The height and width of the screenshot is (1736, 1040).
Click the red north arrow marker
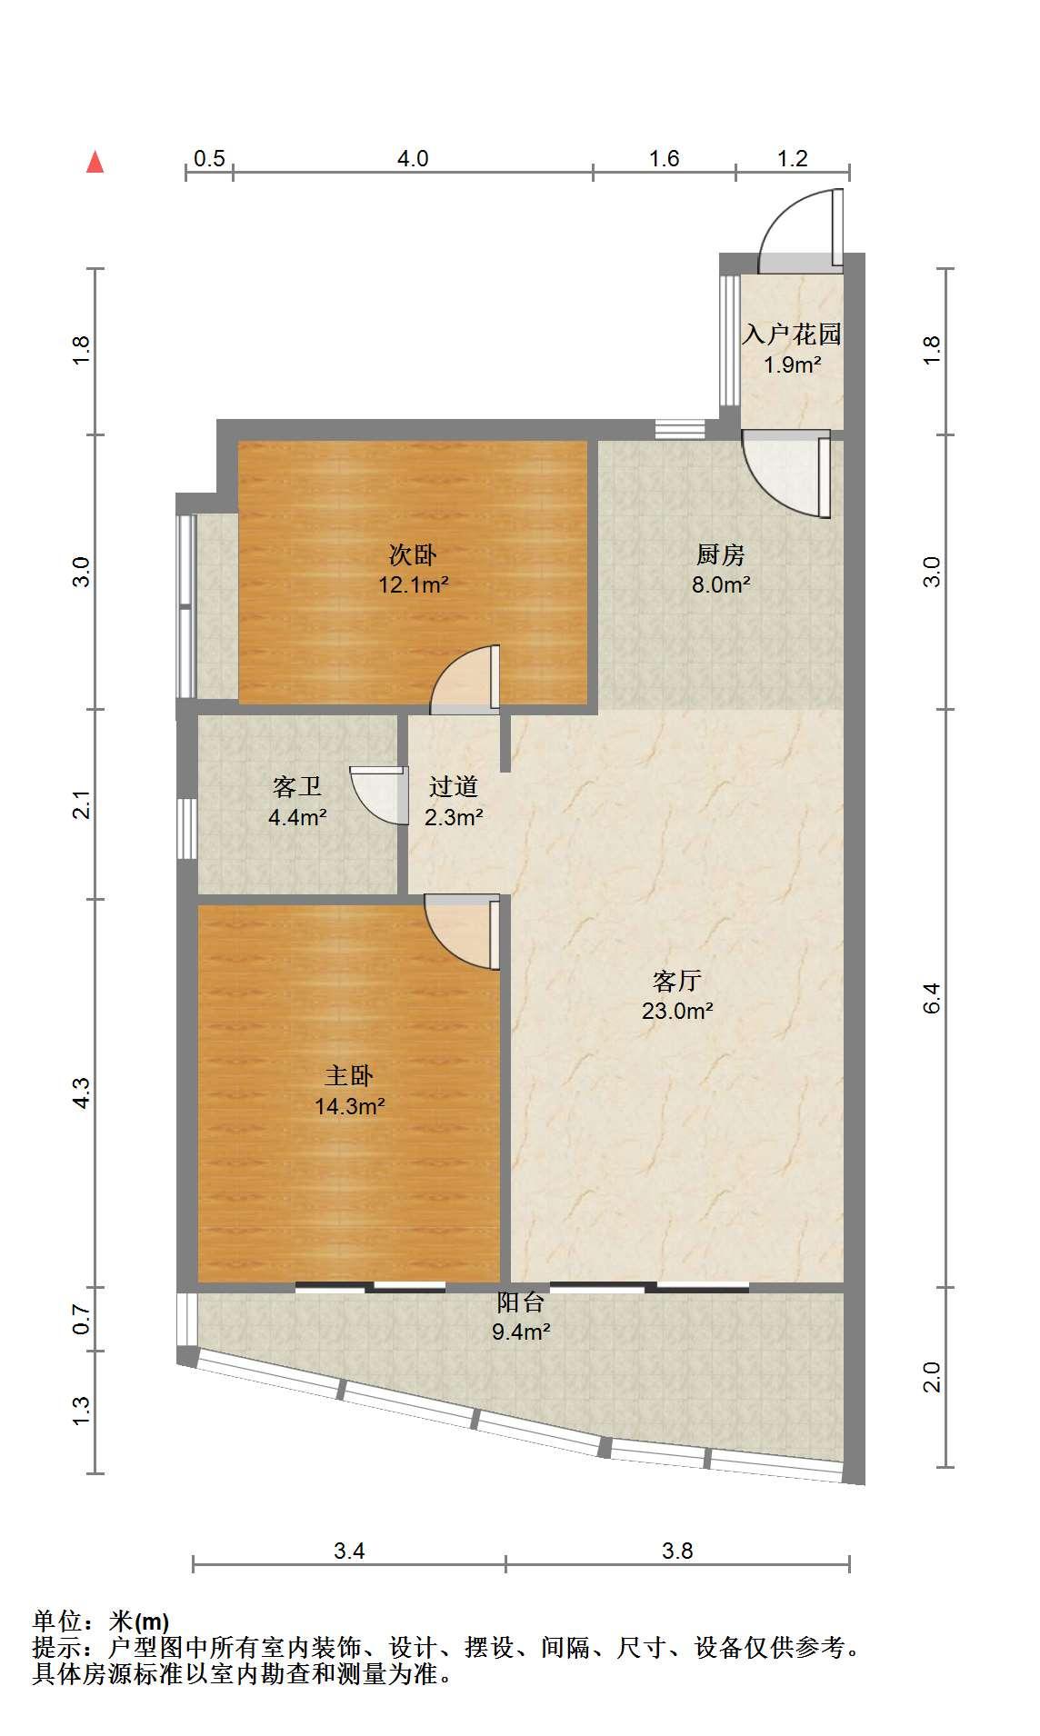click(x=95, y=162)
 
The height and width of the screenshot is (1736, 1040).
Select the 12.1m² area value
click(x=414, y=584)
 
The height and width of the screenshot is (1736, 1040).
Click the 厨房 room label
click(x=721, y=554)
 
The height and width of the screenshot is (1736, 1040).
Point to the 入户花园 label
click(x=792, y=334)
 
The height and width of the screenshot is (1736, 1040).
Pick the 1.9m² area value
click(x=793, y=365)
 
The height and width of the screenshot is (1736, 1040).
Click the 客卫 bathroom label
click(x=297, y=786)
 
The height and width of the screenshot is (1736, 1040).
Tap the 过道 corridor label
click(x=454, y=786)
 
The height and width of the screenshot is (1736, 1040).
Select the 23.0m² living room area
click(x=677, y=1011)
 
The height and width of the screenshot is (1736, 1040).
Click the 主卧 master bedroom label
click(x=349, y=1076)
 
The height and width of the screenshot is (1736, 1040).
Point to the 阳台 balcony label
click(x=521, y=1302)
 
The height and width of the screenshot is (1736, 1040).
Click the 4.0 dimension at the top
click(x=413, y=158)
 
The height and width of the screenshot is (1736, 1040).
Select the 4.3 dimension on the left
click(x=82, y=1092)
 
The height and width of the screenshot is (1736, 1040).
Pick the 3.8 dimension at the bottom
click(x=678, y=1551)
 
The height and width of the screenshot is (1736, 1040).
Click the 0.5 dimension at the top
click(x=209, y=158)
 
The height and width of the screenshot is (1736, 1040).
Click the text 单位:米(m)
click(x=101, y=1621)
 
